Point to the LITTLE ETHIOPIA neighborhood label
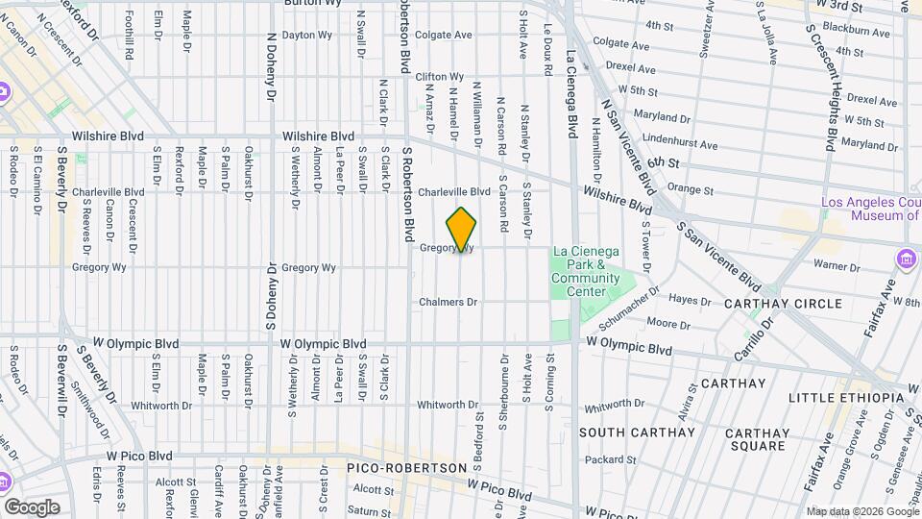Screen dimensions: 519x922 845,398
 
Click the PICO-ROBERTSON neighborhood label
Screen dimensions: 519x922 402,466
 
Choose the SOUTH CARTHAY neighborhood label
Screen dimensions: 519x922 636,432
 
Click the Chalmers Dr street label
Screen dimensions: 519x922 448,302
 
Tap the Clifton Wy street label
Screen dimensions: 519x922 440,77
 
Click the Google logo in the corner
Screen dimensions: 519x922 32,507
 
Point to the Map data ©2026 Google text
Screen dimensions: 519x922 861,511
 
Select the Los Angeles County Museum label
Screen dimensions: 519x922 870,209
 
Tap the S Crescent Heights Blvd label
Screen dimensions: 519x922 819,86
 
